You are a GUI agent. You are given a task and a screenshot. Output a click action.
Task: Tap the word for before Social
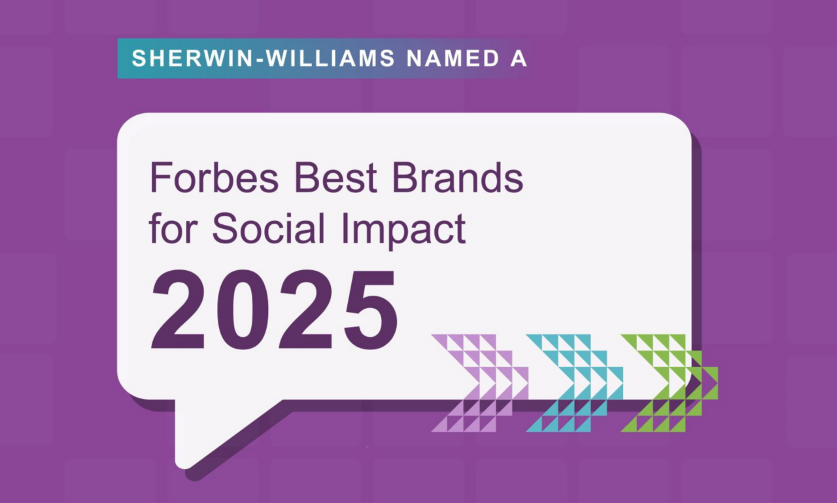pyautogui.click(x=174, y=229)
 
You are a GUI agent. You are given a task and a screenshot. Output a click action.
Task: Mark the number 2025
pyautogui.click(x=275, y=310)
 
